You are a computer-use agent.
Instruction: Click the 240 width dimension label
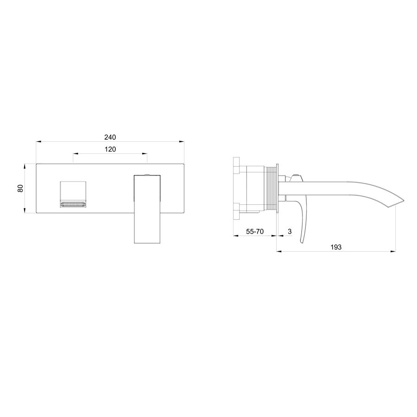click(110, 137)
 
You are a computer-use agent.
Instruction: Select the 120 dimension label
click(110, 149)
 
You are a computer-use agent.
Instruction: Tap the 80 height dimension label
click(20, 188)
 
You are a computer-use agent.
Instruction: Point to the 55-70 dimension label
click(255, 231)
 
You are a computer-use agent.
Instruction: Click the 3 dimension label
click(290, 231)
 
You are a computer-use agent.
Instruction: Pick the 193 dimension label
click(336, 247)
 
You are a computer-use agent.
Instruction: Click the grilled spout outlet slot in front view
click(73, 204)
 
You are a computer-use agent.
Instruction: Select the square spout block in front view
click(73, 195)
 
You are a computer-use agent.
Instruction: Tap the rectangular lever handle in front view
click(147, 209)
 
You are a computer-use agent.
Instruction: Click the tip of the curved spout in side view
click(404, 200)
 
